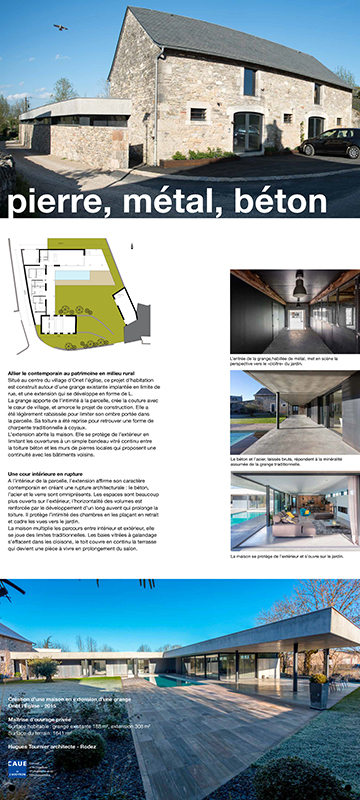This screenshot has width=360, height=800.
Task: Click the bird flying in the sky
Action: tap(61, 27)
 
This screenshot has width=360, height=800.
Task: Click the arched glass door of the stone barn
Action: tap(247, 131)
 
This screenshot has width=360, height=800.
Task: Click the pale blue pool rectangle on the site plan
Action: tap(72, 273)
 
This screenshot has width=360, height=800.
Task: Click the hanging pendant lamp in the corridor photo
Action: tap(298, 288)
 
